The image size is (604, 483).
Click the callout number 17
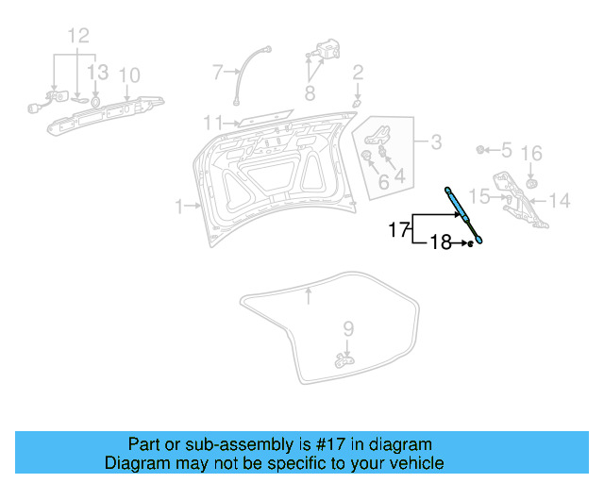[398, 229]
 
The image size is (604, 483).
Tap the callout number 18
[442, 243]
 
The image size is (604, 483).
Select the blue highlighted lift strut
[465, 216]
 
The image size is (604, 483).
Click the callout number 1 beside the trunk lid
[178, 205]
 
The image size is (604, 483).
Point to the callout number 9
[348, 328]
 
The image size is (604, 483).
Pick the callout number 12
[77, 37]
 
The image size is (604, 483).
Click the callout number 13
[98, 74]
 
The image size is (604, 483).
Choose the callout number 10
[129, 75]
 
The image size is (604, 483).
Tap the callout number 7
[217, 71]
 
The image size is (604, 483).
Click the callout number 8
[309, 92]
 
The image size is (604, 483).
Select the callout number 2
[358, 72]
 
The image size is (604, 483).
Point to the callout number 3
[435, 142]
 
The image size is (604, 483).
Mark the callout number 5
[506, 150]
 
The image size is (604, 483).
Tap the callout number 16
[531, 153]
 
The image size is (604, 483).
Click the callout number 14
[560, 200]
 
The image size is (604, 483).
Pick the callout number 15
[479, 196]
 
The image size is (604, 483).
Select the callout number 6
[382, 181]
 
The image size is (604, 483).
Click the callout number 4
[399, 175]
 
